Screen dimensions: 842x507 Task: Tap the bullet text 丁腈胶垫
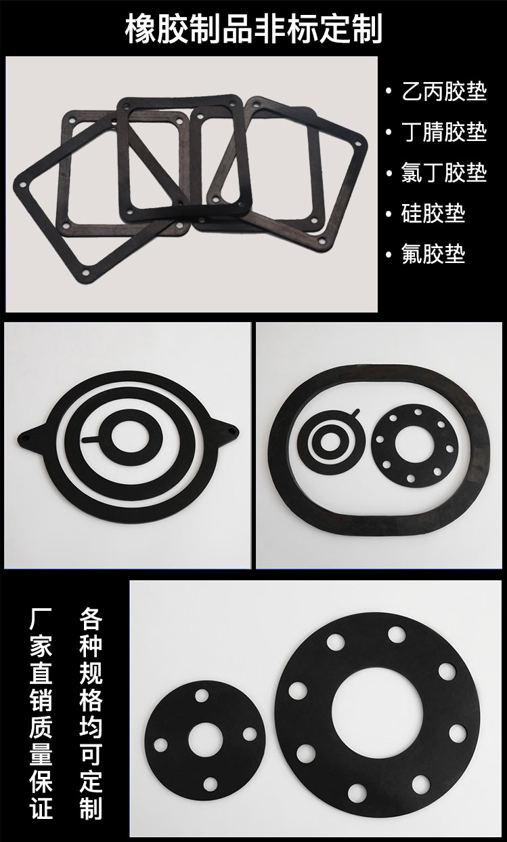click(445, 132)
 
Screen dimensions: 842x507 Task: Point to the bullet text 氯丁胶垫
click(445, 173)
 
